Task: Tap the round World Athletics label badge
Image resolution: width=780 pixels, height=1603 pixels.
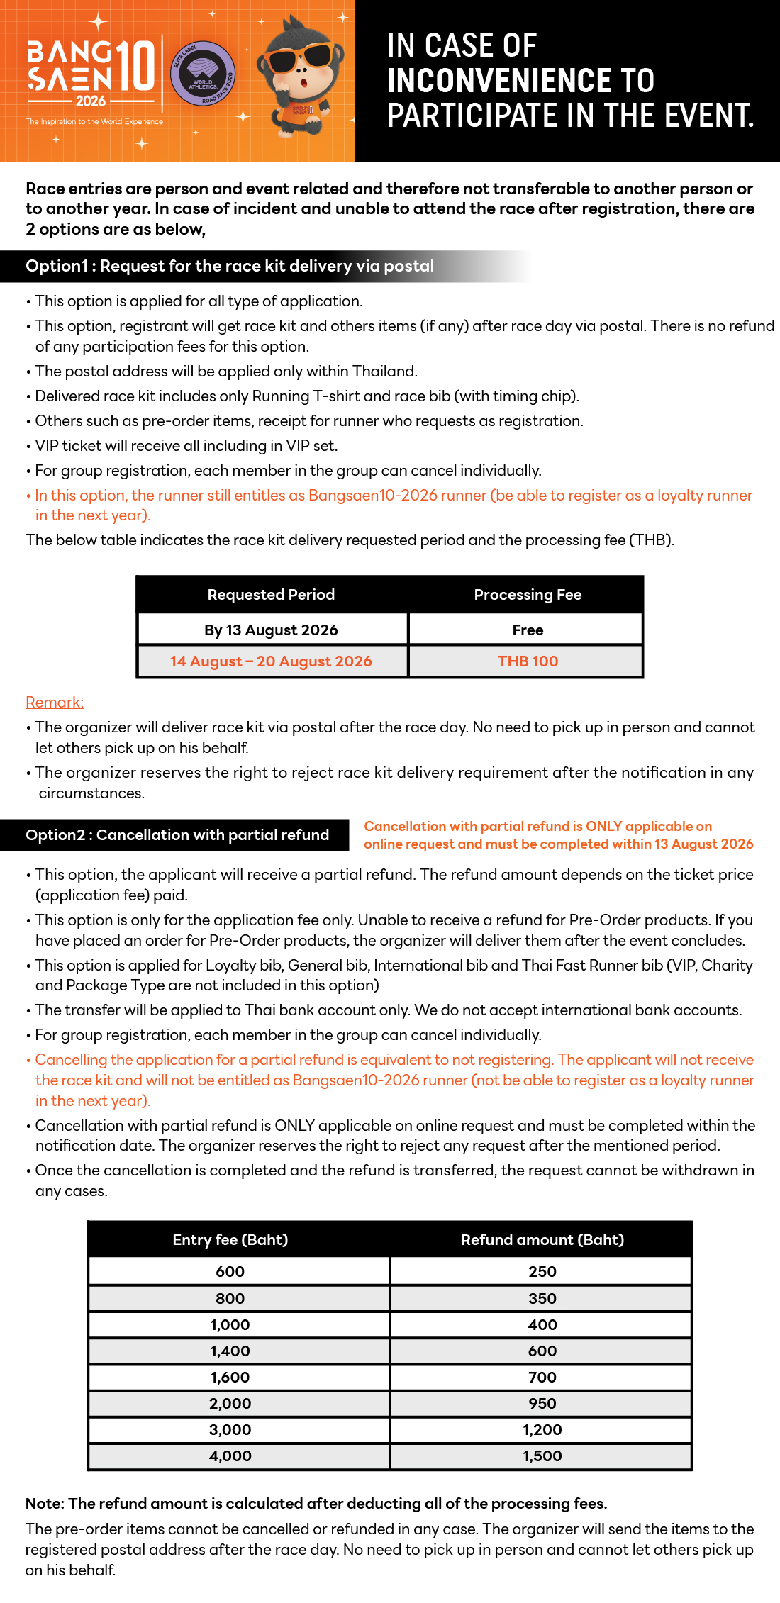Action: [x=203, y=73]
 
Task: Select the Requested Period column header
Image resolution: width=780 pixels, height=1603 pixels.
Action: [x=271, y=595]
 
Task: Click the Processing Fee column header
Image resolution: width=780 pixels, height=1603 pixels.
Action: [x=528, y=595]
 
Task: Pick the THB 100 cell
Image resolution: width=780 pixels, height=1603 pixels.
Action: [x=528, y=661]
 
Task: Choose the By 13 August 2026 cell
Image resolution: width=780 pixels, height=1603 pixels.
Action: [x=271, y=630]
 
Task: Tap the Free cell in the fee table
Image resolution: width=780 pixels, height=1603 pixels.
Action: [x=528, y=630]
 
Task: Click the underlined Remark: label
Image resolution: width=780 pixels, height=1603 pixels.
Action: [x=55, y=702]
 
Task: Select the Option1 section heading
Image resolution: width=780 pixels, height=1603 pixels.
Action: [x=230, y=266]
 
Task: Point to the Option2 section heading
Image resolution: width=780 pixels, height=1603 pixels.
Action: [x=177, y=835]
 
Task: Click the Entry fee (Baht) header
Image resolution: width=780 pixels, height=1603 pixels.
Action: [x=230, y=1240]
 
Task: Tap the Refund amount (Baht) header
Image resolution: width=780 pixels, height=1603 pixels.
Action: [x=542, y=1240]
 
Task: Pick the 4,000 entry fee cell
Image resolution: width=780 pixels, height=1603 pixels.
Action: [x=230, y=1456]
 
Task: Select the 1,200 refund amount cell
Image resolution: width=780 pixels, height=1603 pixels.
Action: [x=542, y=1430]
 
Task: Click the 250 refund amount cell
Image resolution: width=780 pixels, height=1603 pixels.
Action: [x=542, y=1272]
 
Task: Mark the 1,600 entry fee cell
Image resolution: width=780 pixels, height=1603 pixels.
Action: [x=230, y=1378]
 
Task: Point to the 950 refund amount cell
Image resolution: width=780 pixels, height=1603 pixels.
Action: [x=542, y=1404]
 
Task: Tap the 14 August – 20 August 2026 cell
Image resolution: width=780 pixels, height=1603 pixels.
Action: [x=271, y=661]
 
